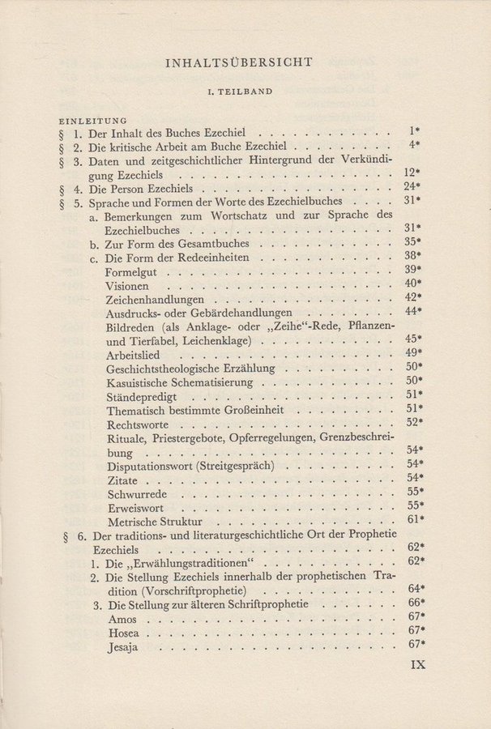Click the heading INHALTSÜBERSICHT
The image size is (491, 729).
(245, 62)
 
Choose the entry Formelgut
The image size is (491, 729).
(131, 271)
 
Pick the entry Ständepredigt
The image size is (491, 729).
(142, 397)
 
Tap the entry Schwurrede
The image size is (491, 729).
(135, 493)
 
